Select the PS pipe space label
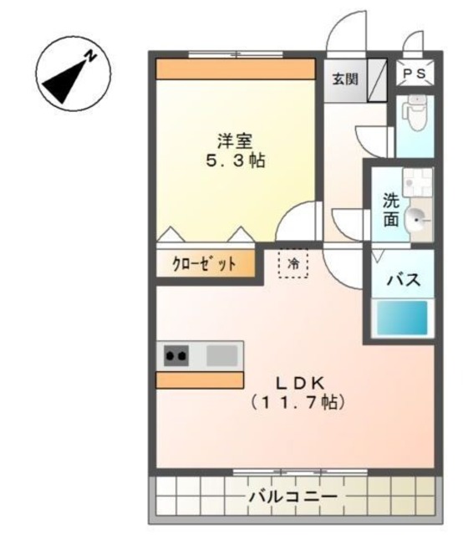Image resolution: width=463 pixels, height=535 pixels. [414, 74]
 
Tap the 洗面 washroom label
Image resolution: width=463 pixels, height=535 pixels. [390, 211]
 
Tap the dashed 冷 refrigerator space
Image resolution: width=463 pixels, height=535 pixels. [293, 263]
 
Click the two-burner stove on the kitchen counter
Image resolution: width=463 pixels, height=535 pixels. [176, 355]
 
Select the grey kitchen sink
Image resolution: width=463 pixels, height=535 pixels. [221, 355]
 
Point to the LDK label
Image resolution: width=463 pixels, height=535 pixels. [300, 382]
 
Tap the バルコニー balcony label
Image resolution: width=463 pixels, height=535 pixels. [293, 497]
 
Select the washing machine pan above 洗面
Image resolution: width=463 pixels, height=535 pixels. [415, 182]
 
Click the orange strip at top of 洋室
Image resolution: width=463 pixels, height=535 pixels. [235, 69]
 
